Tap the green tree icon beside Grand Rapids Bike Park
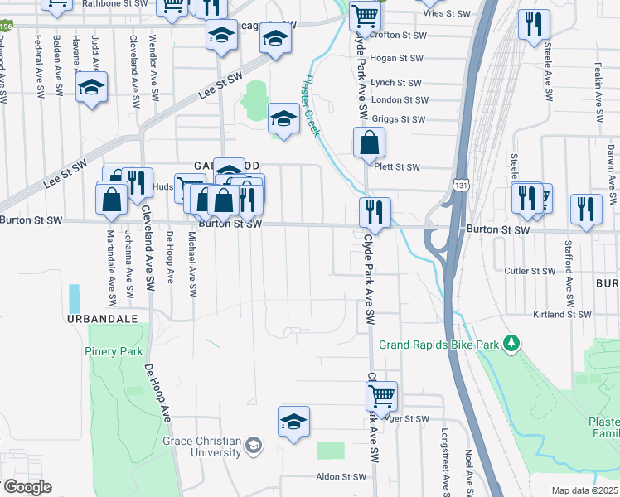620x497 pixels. click(512, 343)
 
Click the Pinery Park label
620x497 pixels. click(114, 351)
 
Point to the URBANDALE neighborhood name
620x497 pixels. click(90, 318)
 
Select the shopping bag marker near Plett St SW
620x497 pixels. click(369, 144)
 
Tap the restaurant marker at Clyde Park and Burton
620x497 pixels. click(375, 214)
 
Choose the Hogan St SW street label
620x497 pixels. click(396, 58)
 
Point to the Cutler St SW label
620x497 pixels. click(530, 271)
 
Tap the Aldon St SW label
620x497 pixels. click(341, 477)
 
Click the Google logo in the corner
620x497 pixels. click(27, 486)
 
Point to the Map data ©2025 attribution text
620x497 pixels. click(584, 490)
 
